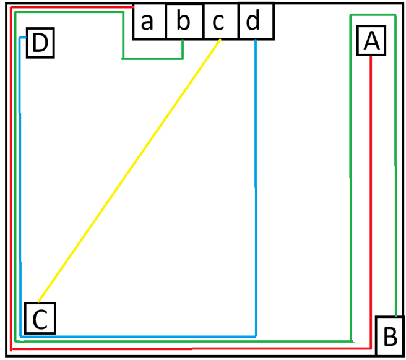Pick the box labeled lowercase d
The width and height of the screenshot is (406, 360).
point(256,21)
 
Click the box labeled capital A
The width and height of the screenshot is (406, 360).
point(371,40)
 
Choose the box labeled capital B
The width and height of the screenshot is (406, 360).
point(390,336)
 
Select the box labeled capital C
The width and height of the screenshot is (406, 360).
point(40,318)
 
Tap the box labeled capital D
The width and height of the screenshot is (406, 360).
point(40,43)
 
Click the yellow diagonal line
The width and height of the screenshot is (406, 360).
point(129,171)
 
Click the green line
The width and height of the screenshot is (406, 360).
point(181,341)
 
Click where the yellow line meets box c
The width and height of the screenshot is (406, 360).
point(220,40)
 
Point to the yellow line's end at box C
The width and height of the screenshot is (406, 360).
point(38,302)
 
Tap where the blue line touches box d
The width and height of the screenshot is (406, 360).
point(256,40)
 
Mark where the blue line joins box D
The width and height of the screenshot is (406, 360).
point(26,38)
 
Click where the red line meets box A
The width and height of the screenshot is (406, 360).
point(371,56)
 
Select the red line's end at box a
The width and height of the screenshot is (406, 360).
point(133,7)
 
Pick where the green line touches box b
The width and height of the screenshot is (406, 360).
point(183,40)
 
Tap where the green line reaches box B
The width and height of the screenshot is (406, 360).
point(396,316)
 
